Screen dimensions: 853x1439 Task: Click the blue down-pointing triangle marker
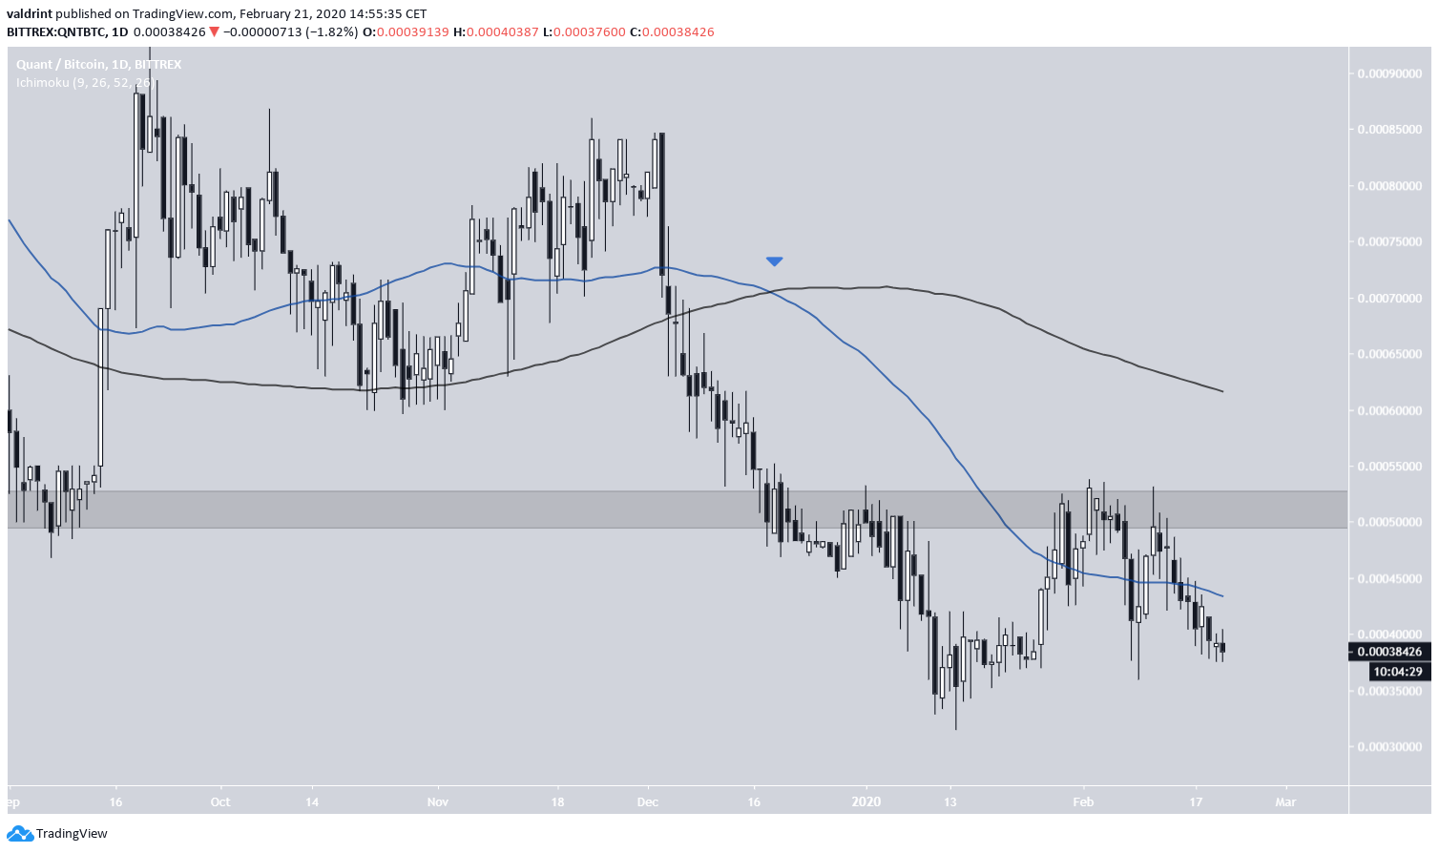[774, 260]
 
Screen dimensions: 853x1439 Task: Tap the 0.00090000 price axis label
[1388, 73]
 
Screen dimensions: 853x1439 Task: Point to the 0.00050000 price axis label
[1388, 523]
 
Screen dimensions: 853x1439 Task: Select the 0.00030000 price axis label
[1388, 747]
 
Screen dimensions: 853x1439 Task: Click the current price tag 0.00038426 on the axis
[1388, 652]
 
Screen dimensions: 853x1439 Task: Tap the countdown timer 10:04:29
[1396, 672]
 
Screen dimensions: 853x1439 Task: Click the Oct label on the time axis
[220, 801]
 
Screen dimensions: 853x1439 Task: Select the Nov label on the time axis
[438, 801]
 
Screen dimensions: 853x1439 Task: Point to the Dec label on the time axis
[648, 801]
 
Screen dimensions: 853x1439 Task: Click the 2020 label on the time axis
[866, 801]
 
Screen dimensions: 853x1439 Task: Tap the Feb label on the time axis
[1083, 801]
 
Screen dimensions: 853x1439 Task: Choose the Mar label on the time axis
[1285, 801]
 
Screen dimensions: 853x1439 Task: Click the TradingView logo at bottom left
[58, 833]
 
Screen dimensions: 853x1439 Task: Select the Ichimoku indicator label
[84, 83]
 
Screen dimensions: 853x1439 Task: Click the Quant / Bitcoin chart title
[98, 64]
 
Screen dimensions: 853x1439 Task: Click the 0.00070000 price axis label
[1388, 299]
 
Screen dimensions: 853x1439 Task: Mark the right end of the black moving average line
[1222, 391]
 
